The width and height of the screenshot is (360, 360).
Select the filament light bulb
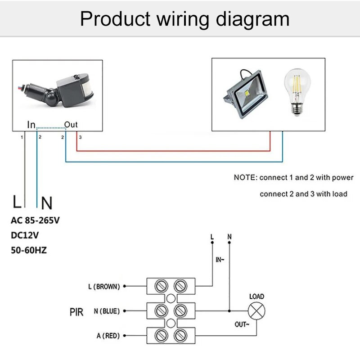297,92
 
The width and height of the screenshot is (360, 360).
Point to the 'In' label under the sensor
31,125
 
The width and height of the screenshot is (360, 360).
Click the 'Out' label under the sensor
71,125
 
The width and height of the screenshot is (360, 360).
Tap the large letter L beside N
18,202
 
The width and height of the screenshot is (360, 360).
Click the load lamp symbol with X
257,311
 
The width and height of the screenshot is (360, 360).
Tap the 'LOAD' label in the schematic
256,297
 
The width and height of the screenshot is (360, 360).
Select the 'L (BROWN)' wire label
104,286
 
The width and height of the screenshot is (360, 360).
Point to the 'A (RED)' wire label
108,336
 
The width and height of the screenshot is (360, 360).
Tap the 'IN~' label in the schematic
220,260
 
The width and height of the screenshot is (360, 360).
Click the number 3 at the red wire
80,136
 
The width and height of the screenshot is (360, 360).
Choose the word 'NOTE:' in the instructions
245,177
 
